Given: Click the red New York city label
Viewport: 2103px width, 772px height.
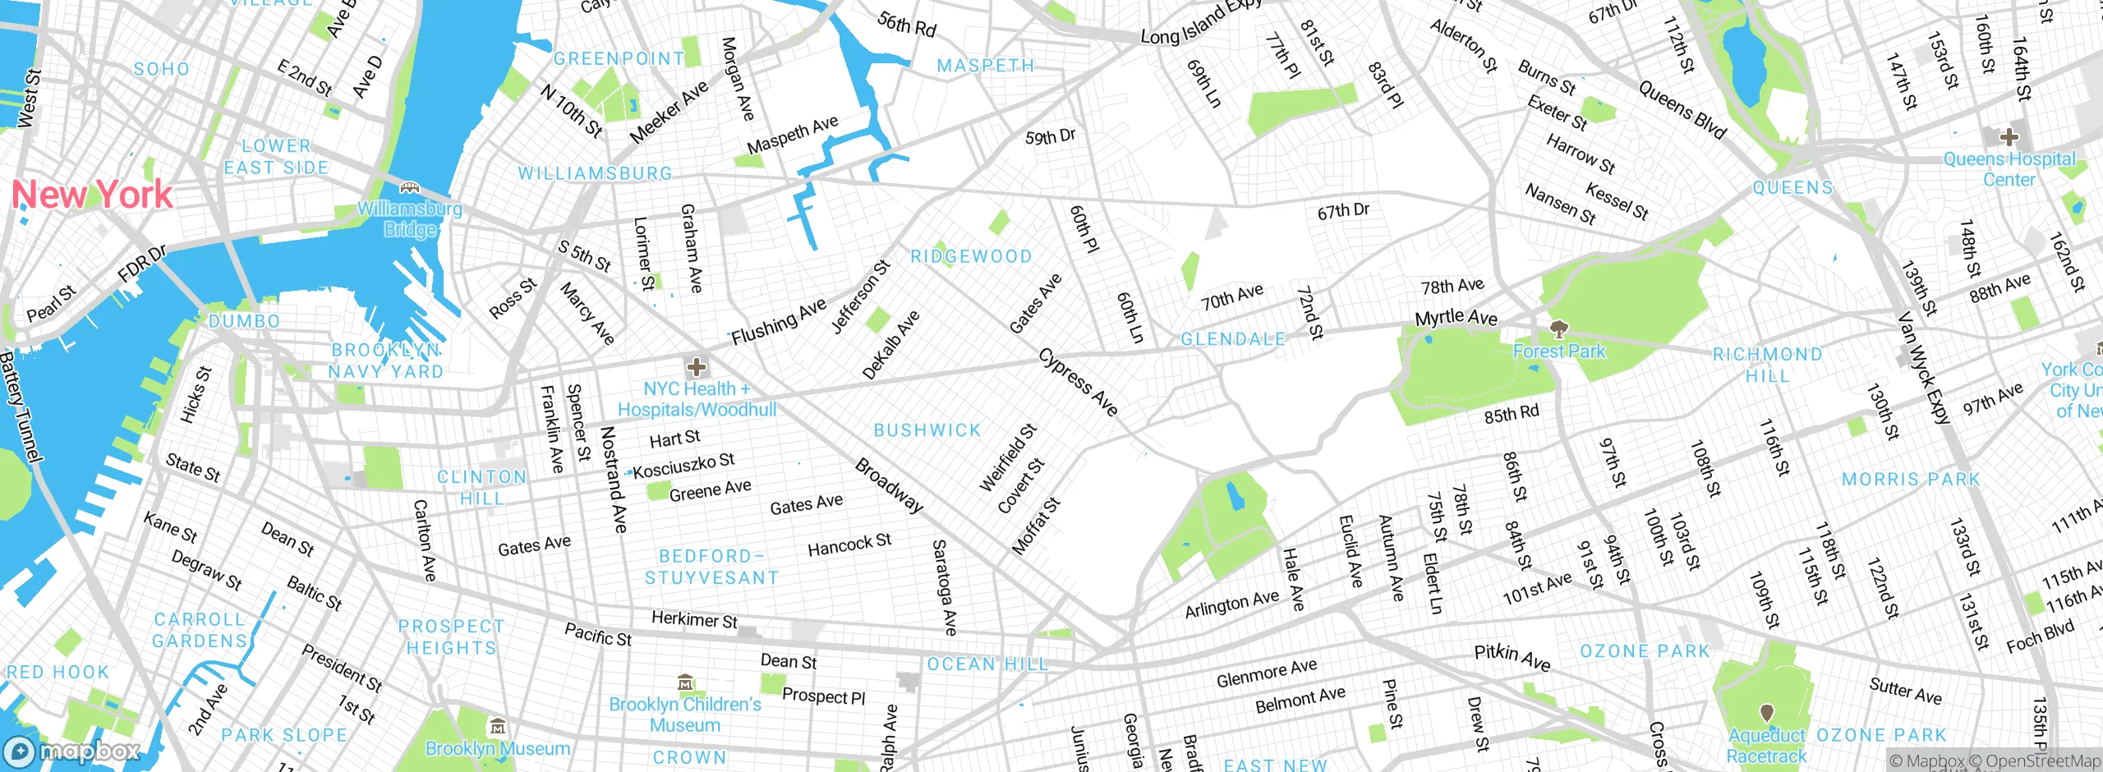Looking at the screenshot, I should [x=92, y=195].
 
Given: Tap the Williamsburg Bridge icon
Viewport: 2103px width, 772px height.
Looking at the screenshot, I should [x=409, y=188].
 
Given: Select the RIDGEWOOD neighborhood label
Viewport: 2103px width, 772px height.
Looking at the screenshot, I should [x=971, y=256].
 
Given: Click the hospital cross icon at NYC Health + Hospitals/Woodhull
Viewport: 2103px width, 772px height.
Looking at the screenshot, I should [x=697, y=367].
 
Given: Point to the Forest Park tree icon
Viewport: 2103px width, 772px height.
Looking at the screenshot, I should [x=1558, y=330].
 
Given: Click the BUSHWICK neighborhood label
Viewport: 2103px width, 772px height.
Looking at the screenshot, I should [x=927, y=430].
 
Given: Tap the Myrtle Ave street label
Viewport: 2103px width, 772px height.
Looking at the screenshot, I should [x=1456, y=317].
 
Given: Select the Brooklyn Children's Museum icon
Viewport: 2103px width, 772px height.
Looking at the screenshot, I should [x=685, y=682].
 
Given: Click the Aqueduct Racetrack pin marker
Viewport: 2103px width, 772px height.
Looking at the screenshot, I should [x=1766, y=712].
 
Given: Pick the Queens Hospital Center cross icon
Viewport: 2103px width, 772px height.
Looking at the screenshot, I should [x=2009, y=136].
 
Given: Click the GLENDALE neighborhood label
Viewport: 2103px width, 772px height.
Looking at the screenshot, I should [x=1232, y=339].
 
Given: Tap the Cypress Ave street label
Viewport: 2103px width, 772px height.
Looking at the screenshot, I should [x=1078, y=382].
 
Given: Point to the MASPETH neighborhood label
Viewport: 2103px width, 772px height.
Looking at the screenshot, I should [x=986, y=66].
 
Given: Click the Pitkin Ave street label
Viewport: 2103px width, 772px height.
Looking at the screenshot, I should [x=1512, y=657].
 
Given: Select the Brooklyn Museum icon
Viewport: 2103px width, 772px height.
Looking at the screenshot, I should [x=497, y=727].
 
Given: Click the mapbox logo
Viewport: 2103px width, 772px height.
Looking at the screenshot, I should [x=72, y=751].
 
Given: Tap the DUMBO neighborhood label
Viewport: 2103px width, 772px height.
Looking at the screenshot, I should [x=244, y=321].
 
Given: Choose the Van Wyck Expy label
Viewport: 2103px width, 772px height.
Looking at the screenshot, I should [x=1924, y=367].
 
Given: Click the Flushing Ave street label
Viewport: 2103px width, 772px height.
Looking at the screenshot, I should [x=779, y=322].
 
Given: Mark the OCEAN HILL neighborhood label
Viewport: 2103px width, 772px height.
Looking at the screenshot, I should [x=987, y=664].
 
